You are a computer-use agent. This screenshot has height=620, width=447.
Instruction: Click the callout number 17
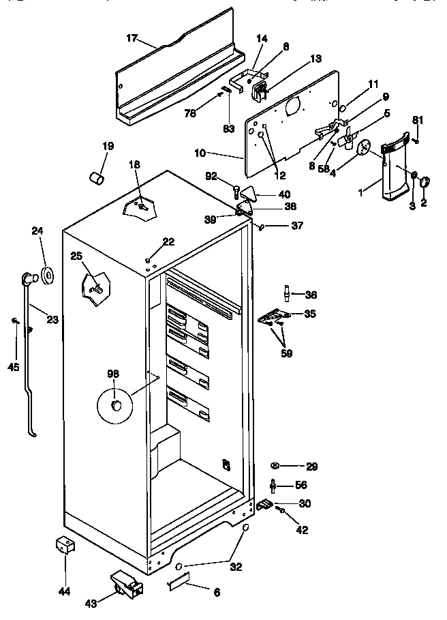tap(132, 38)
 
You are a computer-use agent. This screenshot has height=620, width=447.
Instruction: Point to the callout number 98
tap(112, 373)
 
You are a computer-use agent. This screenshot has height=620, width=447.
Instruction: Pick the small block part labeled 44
tap(65, 546)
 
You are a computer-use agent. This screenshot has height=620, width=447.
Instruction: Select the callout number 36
tap(311, 295)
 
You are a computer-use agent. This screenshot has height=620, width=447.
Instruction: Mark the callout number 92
tap(211, 176)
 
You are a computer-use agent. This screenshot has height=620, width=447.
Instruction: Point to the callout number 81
tap(417, 121)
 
